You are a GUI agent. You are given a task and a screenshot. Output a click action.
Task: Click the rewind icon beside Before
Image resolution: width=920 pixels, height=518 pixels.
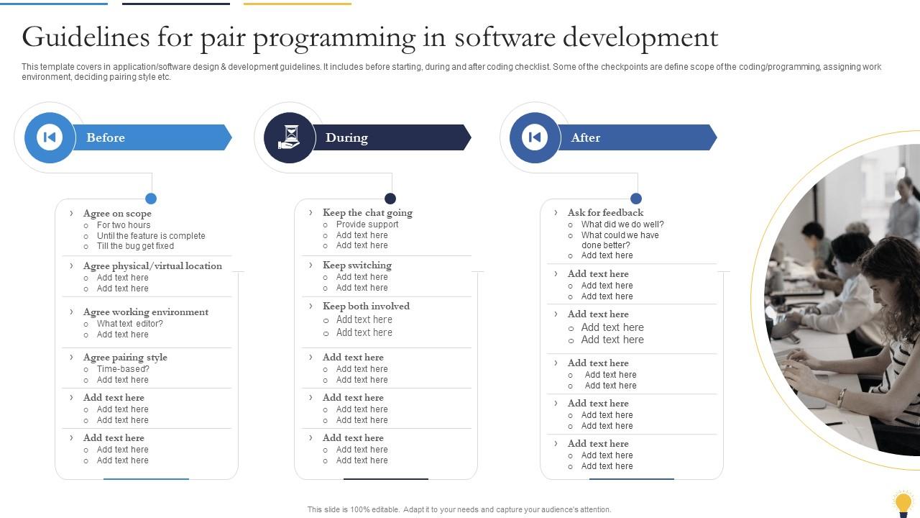click(x=50, y=137)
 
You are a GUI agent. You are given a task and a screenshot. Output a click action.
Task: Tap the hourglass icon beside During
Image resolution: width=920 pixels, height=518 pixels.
click(x=290, y=137)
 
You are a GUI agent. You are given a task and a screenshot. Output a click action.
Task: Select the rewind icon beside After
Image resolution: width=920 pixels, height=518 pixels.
click(x=535, y=137)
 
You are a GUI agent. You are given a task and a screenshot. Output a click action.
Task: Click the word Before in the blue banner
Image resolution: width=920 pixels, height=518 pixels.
click(x=106, y=137)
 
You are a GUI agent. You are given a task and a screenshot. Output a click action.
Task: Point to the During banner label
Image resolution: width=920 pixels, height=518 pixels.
click(x=346, y=137)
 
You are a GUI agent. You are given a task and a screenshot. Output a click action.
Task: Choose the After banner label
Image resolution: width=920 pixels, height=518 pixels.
click(x=585, y=137)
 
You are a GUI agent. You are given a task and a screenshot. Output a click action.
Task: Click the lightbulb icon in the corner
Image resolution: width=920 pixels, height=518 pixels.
click(x=903, y=503)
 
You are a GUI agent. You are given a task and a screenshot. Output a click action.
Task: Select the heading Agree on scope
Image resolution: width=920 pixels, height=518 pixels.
click(x=117, y=214)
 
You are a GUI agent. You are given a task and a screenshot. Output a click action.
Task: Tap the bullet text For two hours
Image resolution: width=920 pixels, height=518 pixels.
click(x=124, y=225)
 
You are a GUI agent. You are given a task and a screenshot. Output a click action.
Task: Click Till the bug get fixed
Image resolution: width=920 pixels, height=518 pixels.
click(x=135, y=246)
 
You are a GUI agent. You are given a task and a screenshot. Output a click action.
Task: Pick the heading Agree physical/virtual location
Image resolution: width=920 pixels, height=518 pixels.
click(x=152, y=266)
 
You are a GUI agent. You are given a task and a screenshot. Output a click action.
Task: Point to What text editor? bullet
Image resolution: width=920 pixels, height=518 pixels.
click(x=130, y=324)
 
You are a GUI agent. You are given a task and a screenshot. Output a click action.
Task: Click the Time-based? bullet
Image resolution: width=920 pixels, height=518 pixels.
click(x=123, y=369)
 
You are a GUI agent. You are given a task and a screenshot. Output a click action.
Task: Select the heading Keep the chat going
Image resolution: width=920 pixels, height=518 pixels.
click(x=367, y=213)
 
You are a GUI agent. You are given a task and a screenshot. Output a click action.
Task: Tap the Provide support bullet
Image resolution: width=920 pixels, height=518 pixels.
click(x=367, y=224)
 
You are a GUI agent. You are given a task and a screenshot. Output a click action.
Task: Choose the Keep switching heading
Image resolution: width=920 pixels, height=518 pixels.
click(x=357, y=265)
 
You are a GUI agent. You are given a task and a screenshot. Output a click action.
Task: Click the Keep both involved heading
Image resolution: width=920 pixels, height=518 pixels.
click(x=366, y=306)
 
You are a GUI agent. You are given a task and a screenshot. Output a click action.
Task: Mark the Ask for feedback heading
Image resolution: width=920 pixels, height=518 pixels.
click(x=605, y=213)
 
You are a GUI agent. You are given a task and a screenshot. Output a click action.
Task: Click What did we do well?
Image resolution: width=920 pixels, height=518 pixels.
click(x=622, y=224)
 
